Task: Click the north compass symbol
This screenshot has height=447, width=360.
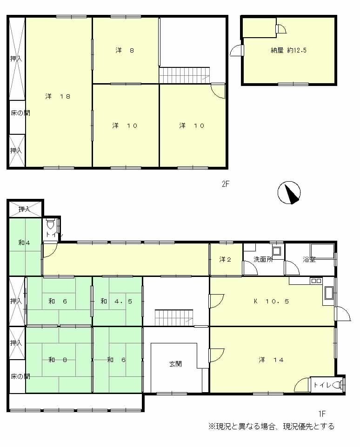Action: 289,193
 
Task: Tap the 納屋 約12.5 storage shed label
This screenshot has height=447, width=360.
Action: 288,51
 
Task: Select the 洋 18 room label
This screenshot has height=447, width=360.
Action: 58,97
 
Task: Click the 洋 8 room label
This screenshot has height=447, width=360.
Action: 125,51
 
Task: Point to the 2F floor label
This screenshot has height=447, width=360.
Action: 226,184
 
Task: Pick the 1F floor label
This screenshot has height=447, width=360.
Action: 321,413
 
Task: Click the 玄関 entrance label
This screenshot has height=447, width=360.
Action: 175,364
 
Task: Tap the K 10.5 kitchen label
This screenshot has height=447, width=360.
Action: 271,301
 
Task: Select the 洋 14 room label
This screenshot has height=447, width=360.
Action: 270,359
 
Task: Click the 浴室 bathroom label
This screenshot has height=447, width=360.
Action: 309,259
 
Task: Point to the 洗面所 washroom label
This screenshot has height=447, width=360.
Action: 263,259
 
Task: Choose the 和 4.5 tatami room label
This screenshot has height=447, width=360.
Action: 116,301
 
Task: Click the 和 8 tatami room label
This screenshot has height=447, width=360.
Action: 58,359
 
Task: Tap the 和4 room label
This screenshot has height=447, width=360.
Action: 24,243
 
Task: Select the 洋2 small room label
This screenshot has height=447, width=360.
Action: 226,259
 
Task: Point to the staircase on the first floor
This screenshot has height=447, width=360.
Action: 173,318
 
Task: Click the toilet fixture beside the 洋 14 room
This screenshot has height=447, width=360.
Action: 342,384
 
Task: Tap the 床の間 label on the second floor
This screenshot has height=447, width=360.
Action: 20,113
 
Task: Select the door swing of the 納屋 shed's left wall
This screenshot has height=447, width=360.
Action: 237,50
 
